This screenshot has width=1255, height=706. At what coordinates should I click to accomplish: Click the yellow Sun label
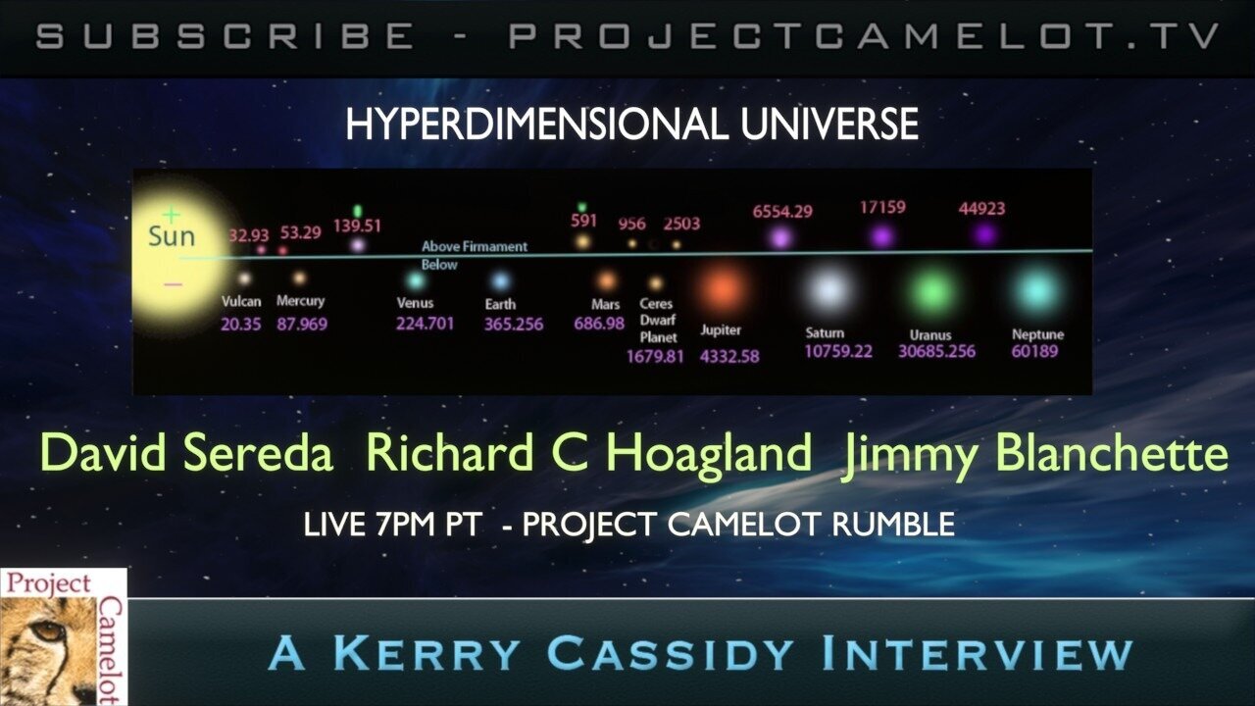(172, 236)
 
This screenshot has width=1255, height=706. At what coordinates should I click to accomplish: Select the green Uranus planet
(933, 292)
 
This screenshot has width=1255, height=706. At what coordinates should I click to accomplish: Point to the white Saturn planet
(828, 290)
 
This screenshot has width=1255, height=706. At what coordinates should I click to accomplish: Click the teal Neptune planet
(1035, 291)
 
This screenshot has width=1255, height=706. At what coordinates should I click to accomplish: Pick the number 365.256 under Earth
(513, 325)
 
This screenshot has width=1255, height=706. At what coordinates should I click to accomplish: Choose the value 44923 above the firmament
(981, 209)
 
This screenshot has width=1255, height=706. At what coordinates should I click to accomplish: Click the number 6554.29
(782, 211)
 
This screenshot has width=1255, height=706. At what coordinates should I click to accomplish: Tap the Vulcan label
(241, 302)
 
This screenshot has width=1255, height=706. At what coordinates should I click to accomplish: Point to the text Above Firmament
(475, 247)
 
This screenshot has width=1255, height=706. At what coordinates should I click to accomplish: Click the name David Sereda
(186, 455)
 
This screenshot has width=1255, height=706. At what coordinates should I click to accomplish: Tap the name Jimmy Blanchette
(1033, 455)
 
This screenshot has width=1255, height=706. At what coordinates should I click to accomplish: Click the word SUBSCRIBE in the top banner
(226, 37)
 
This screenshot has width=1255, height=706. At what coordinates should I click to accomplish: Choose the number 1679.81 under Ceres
(655, 357)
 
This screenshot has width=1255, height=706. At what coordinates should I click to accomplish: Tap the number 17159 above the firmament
(882, 208)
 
